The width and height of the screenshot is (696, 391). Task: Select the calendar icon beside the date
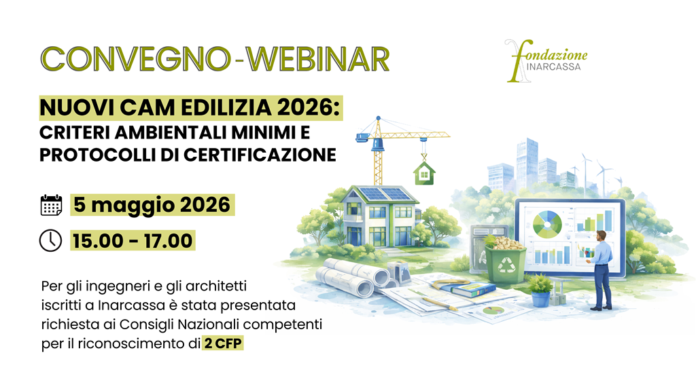(x=51, y=204)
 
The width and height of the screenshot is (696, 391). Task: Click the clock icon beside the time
(x=51, y=240)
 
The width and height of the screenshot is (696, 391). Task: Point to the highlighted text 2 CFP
(x=223, y=344)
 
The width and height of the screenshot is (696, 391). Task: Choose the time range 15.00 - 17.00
(x=133, y=240)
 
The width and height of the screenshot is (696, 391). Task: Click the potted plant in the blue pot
(x=540, y=290)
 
